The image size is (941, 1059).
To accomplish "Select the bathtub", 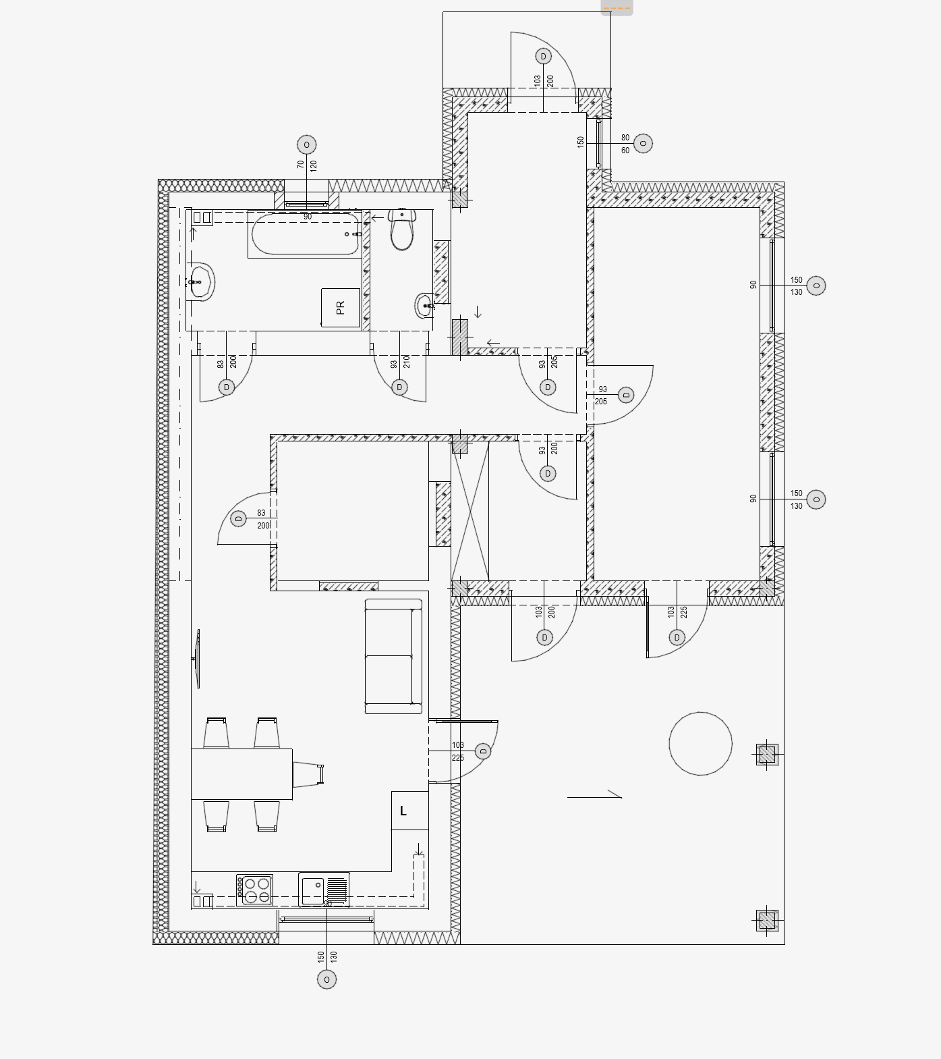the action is click(x=305, y=234).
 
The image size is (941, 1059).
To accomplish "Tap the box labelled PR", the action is click(x=340, y=308).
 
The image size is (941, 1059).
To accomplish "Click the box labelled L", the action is click(x=410, y=811).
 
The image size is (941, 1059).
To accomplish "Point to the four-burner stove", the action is click(x=254, y=890).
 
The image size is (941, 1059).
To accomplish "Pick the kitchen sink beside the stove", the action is click(x=324, y=890).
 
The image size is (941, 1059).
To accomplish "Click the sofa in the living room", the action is click(x=393, y=656).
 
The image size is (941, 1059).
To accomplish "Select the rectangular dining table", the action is click(x=241, y=773).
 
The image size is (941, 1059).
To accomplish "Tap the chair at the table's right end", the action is click(x=308, y=774).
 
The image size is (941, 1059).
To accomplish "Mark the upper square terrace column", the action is click(x=767, y=754).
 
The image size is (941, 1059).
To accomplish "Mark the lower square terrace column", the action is click(x=767, y=921).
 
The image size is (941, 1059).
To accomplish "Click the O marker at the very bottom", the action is click(x=326, y=979).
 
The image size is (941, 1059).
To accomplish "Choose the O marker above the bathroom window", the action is click(x=307, y=144).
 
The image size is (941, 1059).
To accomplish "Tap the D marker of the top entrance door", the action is click(x=543, y=56).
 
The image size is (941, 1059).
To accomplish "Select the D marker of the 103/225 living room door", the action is click(x=483, y=751).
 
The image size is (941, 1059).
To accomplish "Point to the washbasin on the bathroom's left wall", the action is click(x=200, y=281).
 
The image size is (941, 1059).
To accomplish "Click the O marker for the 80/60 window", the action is click(x=643, y=143).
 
